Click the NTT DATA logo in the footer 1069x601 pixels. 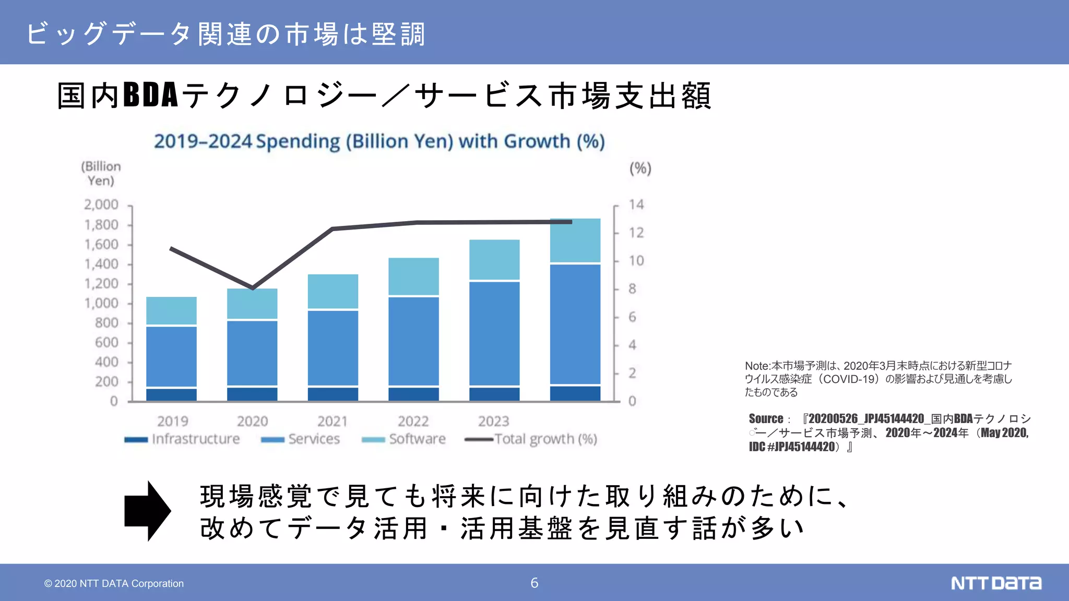pos(995,583)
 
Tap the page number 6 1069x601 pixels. pos(534,583)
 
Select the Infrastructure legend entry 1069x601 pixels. pos(182,439)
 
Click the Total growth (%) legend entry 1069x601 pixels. pos(531,439)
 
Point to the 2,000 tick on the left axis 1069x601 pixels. pos(101,205)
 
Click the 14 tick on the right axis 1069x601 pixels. pos(636,205)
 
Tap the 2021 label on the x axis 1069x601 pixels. pos(332,421)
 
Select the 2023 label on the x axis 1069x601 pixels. pos(493,421)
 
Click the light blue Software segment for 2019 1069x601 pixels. pos(171,311)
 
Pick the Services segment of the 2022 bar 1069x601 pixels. pos(413,341)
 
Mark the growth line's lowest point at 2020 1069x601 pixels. pos(253,287)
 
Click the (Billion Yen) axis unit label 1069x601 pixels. pos(101,173)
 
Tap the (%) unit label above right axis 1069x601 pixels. pos(640,169)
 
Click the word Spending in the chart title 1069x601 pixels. pos(298,141)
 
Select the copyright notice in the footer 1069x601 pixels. pos(114,583)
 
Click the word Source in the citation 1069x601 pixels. pos(766,418)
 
